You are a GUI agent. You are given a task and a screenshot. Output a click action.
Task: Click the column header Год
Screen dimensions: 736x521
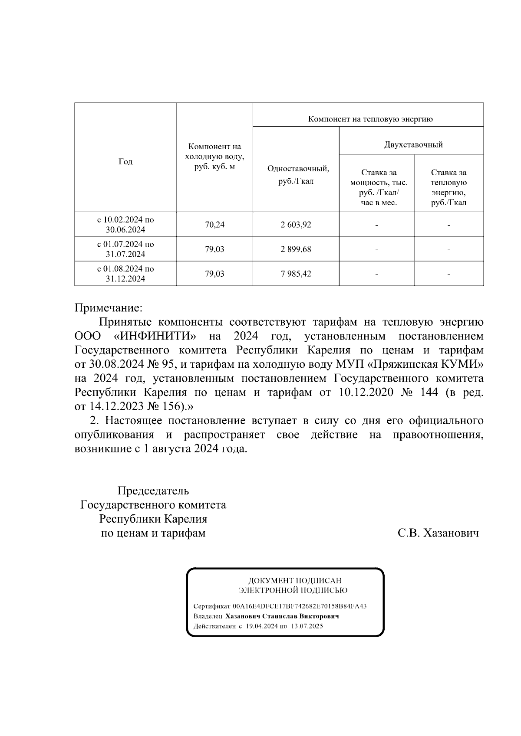pos(125,162)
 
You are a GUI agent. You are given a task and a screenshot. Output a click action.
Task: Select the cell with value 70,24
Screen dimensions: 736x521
pos(214,225)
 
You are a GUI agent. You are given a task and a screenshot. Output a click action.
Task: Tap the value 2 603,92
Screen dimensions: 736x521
pos(296,225)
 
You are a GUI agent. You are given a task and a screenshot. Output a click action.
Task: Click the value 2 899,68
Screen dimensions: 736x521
pos(296,249)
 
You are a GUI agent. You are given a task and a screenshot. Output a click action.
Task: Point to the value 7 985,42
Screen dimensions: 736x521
pos(296,274)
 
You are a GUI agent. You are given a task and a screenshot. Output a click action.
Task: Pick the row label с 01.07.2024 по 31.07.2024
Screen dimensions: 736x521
pos(125,249)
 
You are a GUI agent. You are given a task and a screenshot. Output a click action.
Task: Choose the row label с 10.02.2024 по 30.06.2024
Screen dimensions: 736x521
pos(125,225)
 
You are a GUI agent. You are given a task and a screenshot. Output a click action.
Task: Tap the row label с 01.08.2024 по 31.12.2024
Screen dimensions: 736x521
pos(125,274)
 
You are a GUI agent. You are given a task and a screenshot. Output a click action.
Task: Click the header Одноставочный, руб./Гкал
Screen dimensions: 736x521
pos(298,175)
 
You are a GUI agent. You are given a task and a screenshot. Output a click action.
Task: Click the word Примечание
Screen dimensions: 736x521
pos(108,308)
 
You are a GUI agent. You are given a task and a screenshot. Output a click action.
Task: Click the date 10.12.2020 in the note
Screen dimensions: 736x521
pos(364,393)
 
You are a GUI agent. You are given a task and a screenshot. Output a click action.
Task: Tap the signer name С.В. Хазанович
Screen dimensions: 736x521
pos(438,533)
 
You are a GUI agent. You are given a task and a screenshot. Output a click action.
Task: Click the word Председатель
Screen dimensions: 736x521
pos(153,491)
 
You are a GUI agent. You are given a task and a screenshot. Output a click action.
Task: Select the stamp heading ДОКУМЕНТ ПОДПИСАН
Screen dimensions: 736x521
pos(294,580)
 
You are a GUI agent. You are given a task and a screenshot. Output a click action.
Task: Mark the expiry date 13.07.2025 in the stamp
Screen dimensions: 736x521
pos(307,626)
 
